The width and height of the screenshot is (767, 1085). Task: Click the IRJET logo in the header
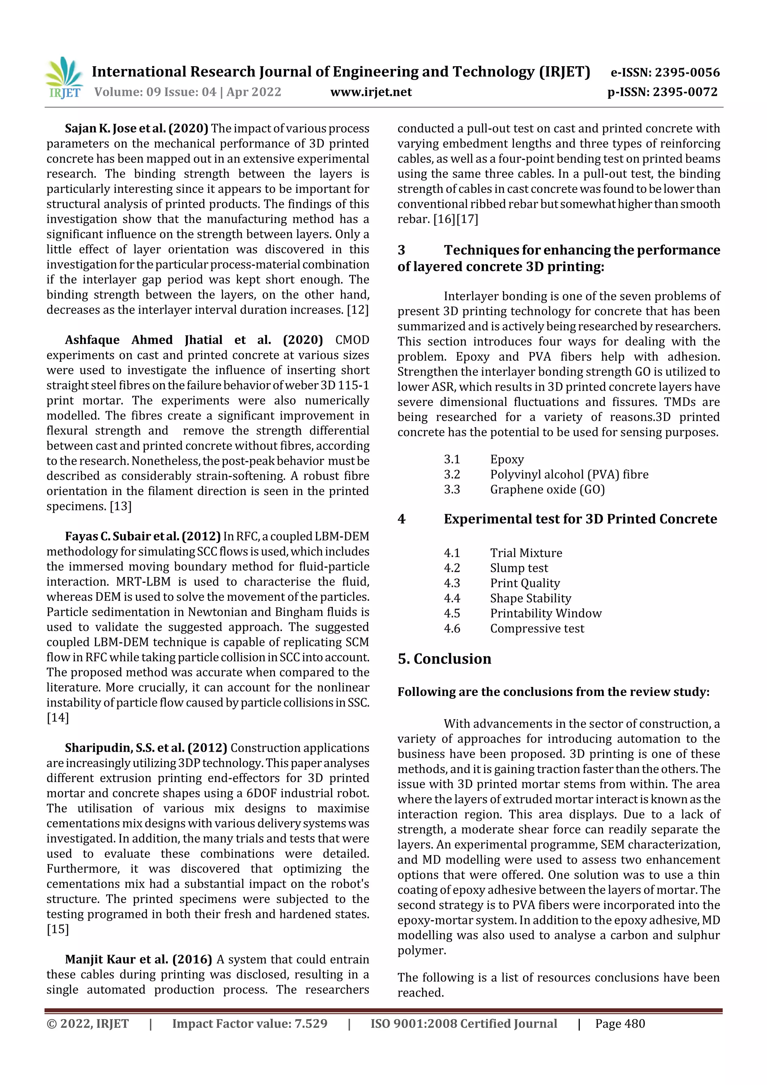click(64, 78)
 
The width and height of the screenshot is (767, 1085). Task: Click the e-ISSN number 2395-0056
click(665, 72)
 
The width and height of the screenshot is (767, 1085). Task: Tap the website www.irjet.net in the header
click(371, 92)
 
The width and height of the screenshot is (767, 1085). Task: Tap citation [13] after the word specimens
click(121, 506)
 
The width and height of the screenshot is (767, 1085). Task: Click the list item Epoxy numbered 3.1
click(507, 459)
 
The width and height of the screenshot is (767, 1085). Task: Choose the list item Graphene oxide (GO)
click(547, 490)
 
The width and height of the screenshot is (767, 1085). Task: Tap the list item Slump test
click(519, 568)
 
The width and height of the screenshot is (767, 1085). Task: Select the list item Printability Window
click(545, 613)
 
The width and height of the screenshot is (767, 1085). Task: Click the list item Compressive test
click(537, 628)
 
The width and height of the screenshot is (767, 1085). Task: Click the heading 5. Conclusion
click(444, 659)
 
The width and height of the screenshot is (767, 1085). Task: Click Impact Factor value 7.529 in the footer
click(249, 1024)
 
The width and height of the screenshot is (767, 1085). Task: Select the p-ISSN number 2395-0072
click(662, 92)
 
